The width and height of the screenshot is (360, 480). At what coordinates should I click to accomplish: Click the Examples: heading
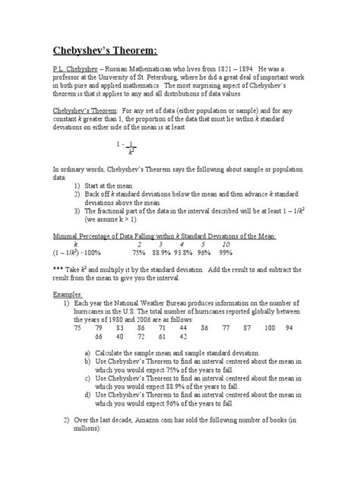pyautogui.click(x=66, y=295)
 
